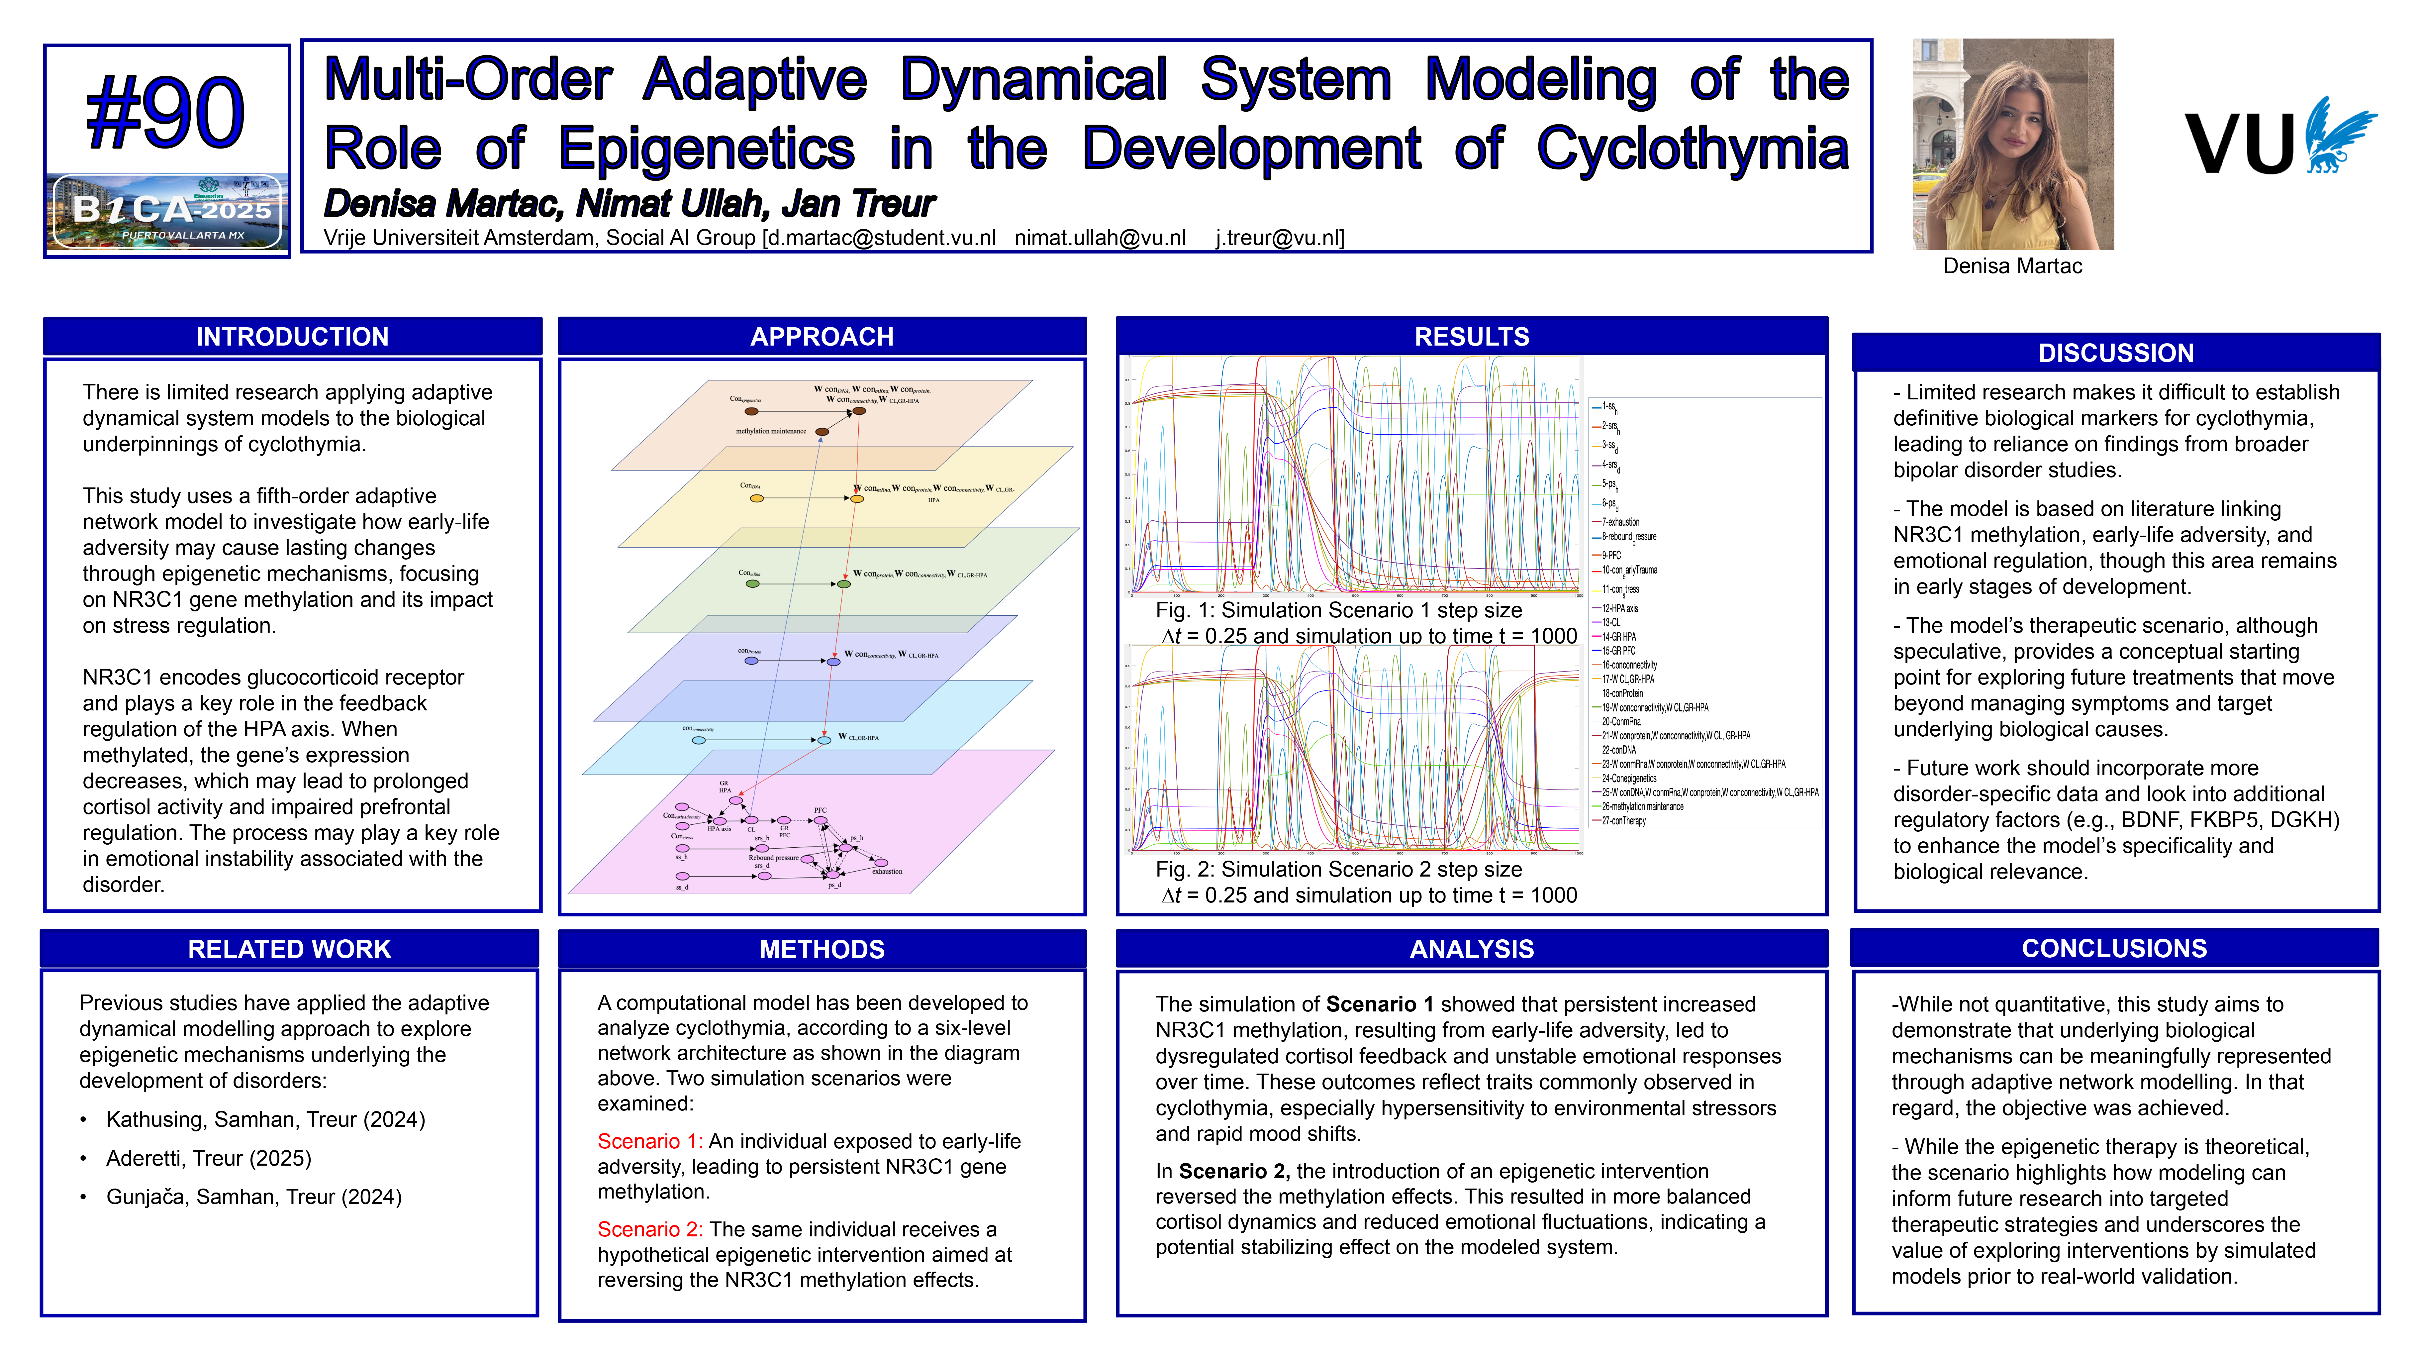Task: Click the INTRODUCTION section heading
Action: click(x=292, y=336)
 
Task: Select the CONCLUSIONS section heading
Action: click(x=2114, y=948)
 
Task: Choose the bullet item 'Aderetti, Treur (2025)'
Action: click(x=209, y=1158)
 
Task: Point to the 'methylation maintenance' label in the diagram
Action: click(x=771, y=431)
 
